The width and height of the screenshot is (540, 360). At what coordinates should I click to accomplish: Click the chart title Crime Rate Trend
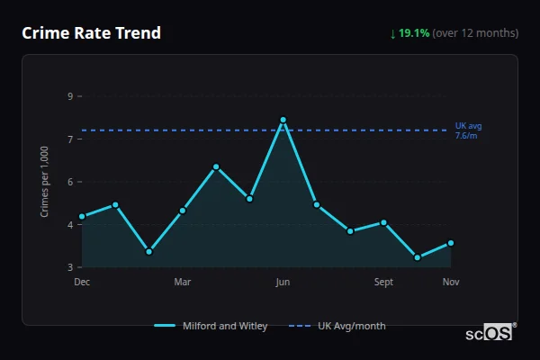(x=91, y=33)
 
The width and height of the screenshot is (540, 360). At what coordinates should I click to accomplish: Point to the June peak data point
(x=283, y=120)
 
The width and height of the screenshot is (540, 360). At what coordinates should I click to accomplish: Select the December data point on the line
(x=82, y=216)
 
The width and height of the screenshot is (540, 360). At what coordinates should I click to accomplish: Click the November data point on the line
(x=451, y=243)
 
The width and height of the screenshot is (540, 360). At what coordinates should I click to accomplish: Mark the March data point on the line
(x=183, y=211)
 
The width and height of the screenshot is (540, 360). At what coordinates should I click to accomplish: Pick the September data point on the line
(x=383, y=222)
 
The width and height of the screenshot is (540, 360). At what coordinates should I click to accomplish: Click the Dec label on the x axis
(x=82, y=283)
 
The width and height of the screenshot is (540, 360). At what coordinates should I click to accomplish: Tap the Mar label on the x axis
(x=183, y=283)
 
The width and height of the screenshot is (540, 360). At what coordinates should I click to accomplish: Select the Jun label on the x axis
(x=283, y=283)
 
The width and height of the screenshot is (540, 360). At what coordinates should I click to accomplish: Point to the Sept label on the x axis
(x=383, y=283)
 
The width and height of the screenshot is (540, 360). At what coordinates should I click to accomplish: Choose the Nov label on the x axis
(x=451, y=283)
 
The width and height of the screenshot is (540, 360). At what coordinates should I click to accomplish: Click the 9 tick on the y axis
(x=70, y=96)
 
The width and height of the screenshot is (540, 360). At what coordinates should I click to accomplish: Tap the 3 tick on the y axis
(x=70, y=267)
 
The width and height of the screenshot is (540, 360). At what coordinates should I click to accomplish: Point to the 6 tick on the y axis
(x=70, y=182)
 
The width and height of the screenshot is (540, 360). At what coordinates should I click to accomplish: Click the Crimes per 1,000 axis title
(x=45, y=182)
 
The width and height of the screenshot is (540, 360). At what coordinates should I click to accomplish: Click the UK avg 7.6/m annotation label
(x=467, y=130)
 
